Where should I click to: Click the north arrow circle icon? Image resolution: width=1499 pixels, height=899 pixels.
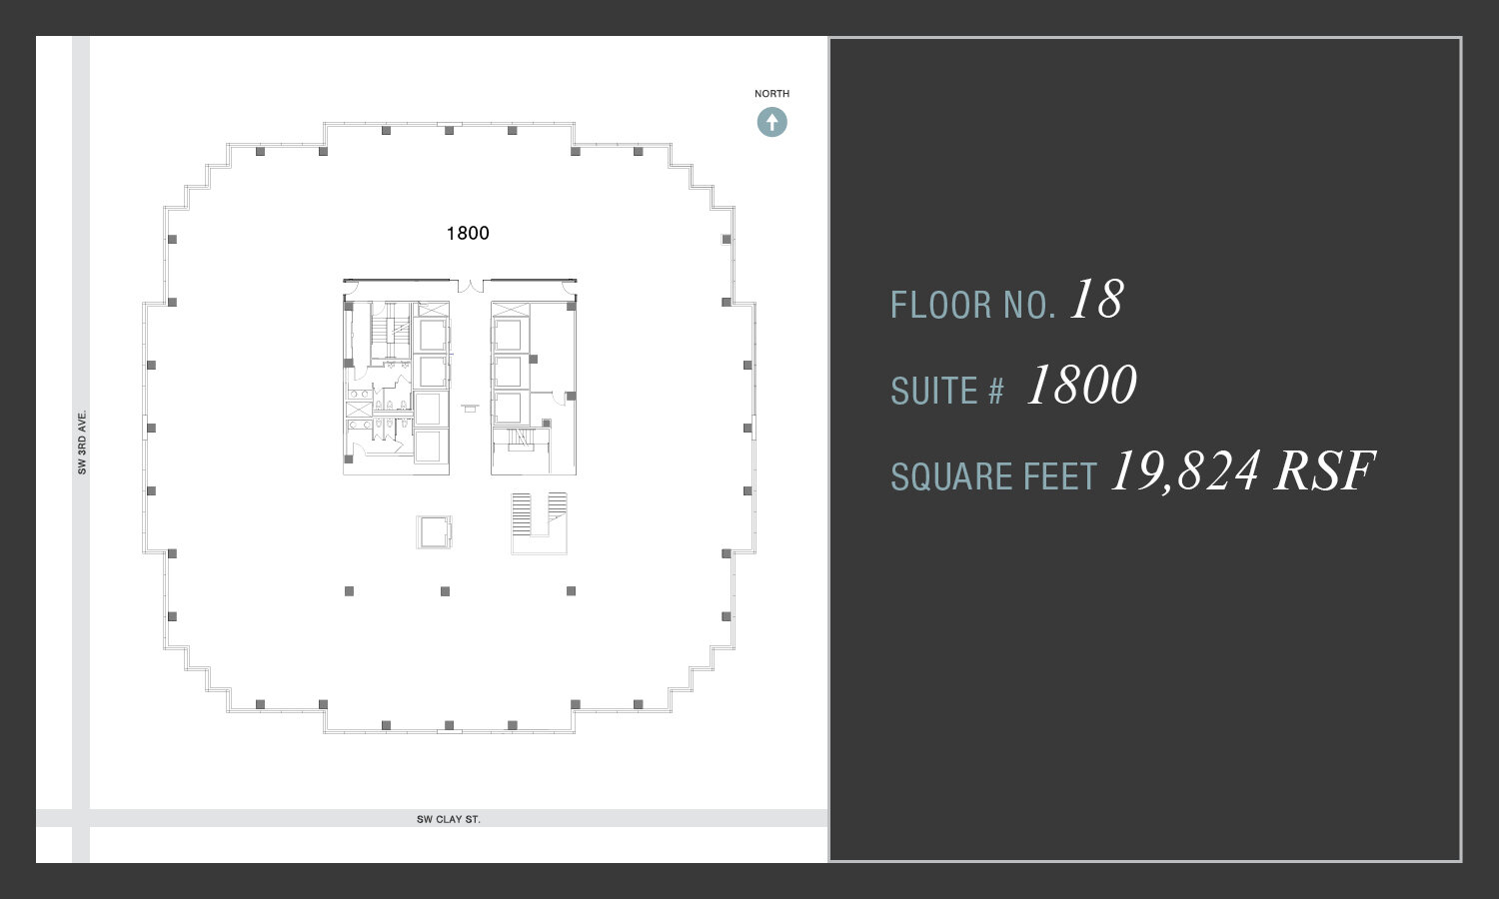pos(771,123)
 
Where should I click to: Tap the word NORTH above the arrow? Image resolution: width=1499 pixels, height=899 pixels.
pos(771,94)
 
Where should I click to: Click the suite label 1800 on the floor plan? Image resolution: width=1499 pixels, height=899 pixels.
pos(468,234)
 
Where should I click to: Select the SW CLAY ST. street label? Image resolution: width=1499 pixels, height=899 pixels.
pos(449,819)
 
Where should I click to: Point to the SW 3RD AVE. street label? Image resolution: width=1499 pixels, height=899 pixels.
pos(83,442)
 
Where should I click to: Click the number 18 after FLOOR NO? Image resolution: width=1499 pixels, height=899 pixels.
pos(1096,300)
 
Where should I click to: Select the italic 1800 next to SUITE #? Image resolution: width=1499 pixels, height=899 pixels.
pos(1081,386)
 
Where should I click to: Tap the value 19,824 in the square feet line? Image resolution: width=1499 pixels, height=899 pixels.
pos(1185,471)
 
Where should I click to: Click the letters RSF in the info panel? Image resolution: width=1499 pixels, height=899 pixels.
pos(1324,471)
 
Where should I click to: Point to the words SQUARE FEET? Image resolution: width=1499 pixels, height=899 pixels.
pos(993,477)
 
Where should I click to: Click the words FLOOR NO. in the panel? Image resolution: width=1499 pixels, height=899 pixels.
pos(972,305)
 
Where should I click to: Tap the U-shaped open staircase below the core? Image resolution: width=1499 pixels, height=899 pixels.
pos(539,522)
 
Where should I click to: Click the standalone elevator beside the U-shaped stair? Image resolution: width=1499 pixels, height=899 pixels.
pos(434,531)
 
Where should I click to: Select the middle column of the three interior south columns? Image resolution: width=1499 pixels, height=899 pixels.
pos(445,591)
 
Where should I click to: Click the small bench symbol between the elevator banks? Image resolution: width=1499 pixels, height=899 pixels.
pos(470,408)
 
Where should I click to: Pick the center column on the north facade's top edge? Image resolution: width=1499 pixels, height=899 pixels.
pos(449,131)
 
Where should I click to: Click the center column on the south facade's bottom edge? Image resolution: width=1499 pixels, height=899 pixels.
pos(449,725)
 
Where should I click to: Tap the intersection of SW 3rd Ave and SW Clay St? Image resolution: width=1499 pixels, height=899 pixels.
pos(81,818)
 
